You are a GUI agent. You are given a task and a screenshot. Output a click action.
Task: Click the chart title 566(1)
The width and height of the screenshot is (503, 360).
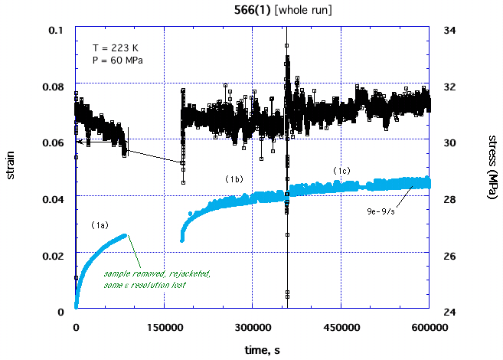[x=250, y=9]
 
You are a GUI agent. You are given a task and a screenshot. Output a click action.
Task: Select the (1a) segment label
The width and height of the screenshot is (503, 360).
[x=100, y=225]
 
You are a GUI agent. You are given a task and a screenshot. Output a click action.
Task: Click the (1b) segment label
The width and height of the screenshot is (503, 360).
[x=234, y=178]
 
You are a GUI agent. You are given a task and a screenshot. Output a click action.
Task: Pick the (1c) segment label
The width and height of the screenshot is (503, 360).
[x=341, y=169]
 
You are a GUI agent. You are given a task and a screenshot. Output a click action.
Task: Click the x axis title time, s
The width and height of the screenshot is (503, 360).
[x=252, y=349]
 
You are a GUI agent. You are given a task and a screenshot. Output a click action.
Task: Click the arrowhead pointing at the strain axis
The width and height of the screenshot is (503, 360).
[x=78, y=141]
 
